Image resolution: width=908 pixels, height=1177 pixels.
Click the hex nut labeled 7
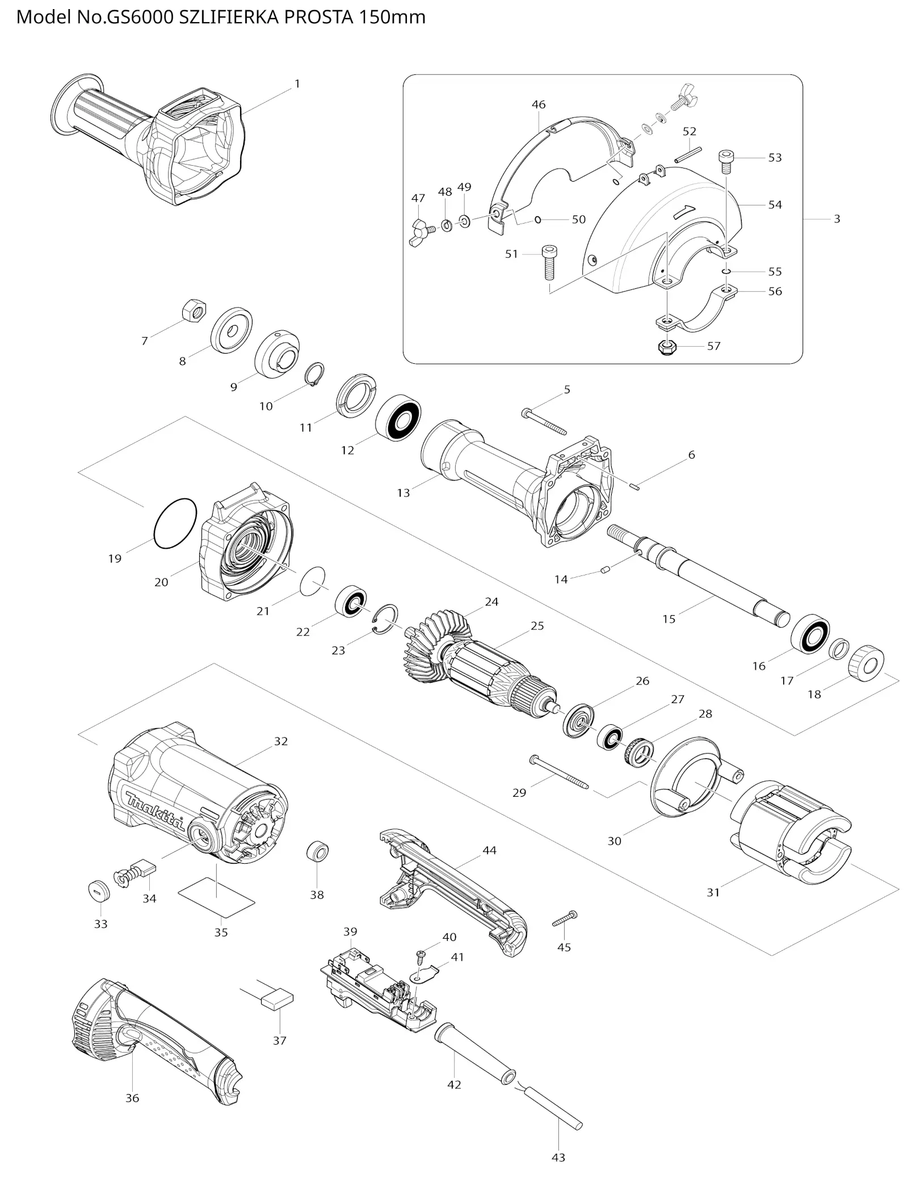(194, 311)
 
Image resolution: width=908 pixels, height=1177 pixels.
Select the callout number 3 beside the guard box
(836, 218)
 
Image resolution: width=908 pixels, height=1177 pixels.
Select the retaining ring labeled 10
(315, 374)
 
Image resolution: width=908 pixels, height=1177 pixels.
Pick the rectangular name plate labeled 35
(217, 897)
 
